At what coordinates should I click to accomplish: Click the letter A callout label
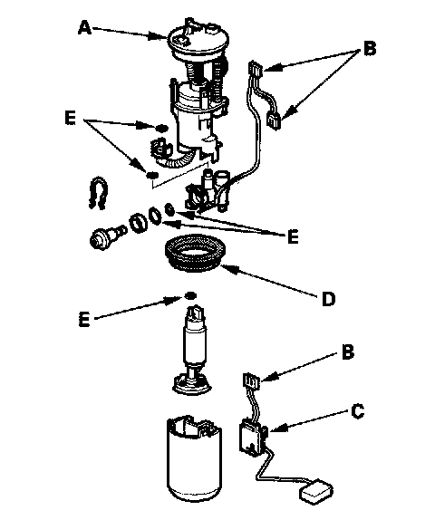coord(84,28)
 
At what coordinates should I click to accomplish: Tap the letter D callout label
coord(328,299)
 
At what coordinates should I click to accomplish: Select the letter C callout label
coord(357,411)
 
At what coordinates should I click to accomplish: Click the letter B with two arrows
coord(370,48)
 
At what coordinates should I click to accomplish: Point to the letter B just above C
coord(348,351)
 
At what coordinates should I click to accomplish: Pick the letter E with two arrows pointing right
coord(71,119)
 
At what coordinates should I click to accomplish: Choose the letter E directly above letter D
coord(293,236)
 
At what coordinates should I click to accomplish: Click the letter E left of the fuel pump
coord(84,321)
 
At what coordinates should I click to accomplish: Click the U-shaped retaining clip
coord(98,193)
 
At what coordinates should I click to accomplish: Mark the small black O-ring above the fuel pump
coord(190,295)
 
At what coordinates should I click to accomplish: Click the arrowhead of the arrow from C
coord(274,429)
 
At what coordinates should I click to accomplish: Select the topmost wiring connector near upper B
coord(256,69)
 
